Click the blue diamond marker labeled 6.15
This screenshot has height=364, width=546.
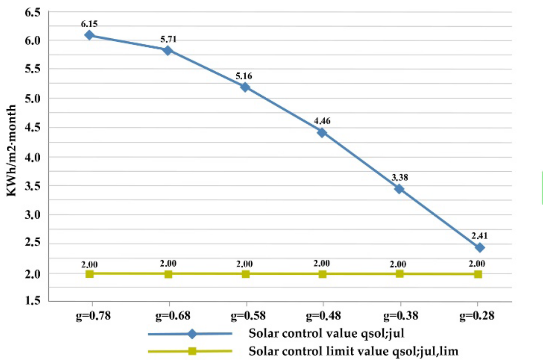click(x=90, y=35)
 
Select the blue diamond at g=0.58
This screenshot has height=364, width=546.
click(x=245, y=87)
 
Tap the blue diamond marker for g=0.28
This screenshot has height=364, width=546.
click(x=480, y=248)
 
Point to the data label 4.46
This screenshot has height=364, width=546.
click(x=322, y=121)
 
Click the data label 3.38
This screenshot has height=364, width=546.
click(x=400, y=178)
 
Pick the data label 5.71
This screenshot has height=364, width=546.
click(x=168, y=39)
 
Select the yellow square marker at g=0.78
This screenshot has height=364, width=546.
click(x=90, y=274)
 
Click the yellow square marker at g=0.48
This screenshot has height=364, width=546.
click(x=323, y=274)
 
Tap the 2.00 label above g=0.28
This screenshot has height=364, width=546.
click(x=477, y=264)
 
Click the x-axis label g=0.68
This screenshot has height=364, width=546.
click(x=173, y=315)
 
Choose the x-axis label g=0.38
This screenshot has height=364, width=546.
click(x=401, y=315)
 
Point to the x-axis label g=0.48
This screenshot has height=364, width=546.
click(x=323, y=315)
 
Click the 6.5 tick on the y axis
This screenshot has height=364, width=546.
click(x=32, y=13)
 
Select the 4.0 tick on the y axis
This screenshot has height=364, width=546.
click(x=32, y=158)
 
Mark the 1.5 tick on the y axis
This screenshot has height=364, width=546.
click(x=32, y=301)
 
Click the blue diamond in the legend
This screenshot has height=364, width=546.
click(x=192, y=334)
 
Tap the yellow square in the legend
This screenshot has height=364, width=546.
click(x=192, y=351)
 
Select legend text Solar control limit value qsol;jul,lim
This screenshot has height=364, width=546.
click(x=353, y=351)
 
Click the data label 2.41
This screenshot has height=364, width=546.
click(x=479, y=236)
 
